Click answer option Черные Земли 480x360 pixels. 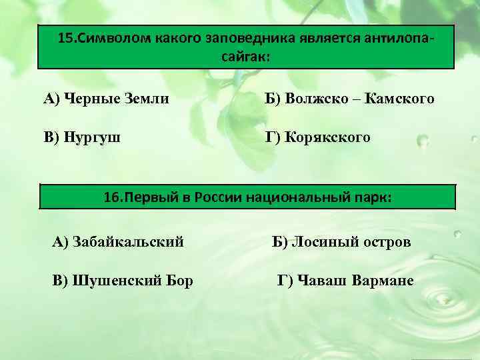coord(106,99)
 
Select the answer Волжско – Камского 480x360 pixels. coord(349,99)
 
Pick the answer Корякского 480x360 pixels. coord(318,138)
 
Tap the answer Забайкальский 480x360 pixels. coord(118,241)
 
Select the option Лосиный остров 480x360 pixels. coord(342,241)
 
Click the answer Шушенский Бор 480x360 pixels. coord(123,281)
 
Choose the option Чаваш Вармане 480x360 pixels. coord(345,281)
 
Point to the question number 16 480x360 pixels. coord(113,198)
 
